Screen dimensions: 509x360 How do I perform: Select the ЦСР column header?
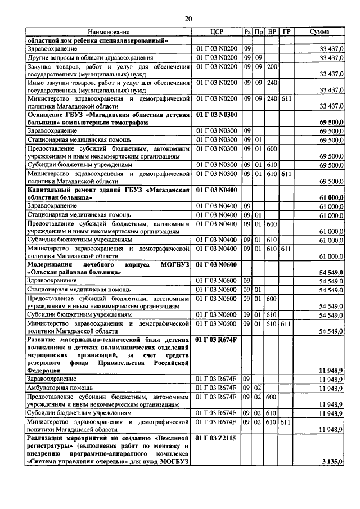point(217,33)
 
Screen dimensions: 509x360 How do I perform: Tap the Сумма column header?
point(319,33)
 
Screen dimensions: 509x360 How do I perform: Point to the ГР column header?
point(286,33)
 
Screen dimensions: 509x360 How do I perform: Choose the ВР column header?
point(272,33)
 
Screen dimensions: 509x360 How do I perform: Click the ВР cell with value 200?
point(272,66)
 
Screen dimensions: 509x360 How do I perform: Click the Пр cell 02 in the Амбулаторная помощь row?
point(258,389)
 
